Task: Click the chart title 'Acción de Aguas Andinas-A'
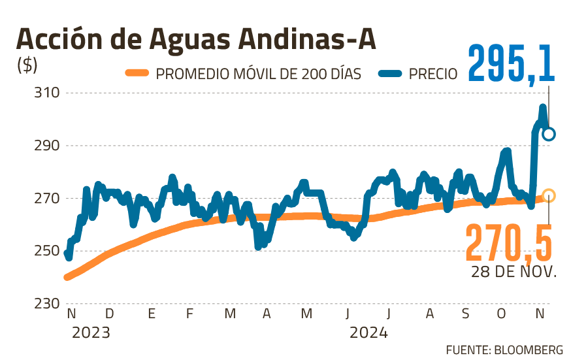pos(196,41)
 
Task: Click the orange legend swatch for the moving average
pos(137,73)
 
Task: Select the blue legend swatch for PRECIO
pos(391,73)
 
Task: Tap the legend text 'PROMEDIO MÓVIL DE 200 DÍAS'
pos(259,74)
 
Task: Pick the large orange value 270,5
pos(509,241)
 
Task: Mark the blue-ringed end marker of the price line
pos(549,135)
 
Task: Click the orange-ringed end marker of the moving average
pos(549,195)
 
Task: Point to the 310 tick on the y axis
pos(47,93)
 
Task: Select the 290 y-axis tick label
pos(47,146)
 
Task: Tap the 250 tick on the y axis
pos(47,252)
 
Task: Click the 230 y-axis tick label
pos(47,304)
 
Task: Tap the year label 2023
pos(91,333)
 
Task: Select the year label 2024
pos(368,333)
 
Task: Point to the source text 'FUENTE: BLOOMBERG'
pos(504,350)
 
